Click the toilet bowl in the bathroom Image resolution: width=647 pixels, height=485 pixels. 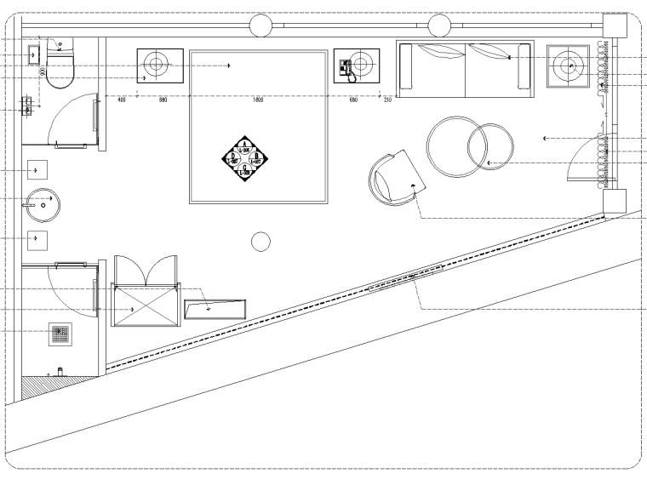click(59, 73)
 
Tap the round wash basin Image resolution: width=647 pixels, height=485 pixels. click(41, 203)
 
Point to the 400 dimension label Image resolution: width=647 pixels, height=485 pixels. click(122, 100)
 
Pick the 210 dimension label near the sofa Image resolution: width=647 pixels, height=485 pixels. click(388, 100)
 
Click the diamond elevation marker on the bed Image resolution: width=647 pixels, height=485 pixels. click(244, 158)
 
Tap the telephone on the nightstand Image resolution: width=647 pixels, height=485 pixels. click(346, 68)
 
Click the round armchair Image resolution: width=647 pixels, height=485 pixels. click(392, 178)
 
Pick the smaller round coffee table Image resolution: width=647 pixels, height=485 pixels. click(490, 146)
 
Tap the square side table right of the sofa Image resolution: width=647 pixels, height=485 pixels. click(568, 65)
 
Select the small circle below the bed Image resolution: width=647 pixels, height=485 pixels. click(261, 242)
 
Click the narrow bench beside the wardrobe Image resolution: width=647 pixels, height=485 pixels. click(214, 307)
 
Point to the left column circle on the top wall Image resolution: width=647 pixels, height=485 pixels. click(261, 26)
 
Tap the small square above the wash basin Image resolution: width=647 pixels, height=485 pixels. click(38, 170)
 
